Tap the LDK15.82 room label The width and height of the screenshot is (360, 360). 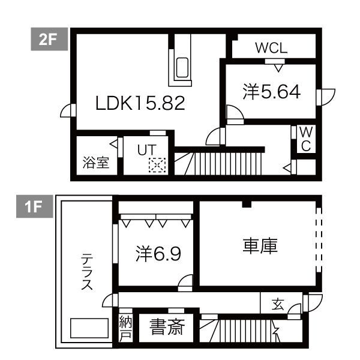tap(140, 103)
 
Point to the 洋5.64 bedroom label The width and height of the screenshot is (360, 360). tap(271, 92)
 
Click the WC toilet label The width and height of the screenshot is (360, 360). tap(305, 140)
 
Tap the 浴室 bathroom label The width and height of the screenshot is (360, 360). tap(95, 163)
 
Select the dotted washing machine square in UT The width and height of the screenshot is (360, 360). tap(157, 164)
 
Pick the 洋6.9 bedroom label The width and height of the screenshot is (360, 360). tap(158, 254)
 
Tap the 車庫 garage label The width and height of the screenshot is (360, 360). tap(260, 246)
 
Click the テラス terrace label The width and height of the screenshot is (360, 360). tap(87, 272)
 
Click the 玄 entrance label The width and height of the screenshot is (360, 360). tap(277, 304)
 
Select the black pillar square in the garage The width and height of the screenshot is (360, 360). tap(246, 205)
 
